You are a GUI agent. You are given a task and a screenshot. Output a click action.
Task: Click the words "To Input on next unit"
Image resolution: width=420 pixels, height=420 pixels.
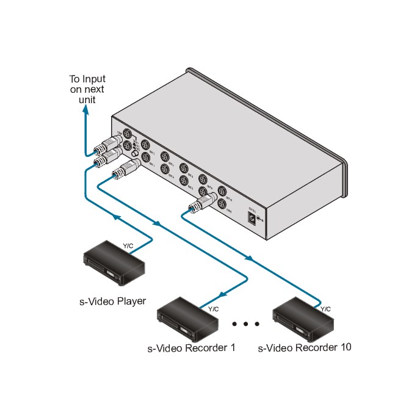click(x=87, y=89)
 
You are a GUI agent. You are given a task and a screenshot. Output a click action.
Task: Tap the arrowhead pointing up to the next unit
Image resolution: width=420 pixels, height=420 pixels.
click(x=85, y=110)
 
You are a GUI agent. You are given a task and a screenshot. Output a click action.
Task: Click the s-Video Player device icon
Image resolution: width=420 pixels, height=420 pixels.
click(x=114, y=261)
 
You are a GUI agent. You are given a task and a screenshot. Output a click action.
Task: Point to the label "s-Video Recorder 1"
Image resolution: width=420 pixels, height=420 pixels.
click(x=191, y=349)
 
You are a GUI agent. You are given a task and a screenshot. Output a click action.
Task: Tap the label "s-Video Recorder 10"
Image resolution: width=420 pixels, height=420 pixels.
click(x=305, y=348)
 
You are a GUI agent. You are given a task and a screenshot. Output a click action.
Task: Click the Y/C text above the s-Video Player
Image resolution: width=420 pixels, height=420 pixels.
click(x=128, y=246)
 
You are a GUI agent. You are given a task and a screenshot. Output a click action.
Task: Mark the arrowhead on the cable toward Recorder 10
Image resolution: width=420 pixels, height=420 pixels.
click(x=250, y=258)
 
